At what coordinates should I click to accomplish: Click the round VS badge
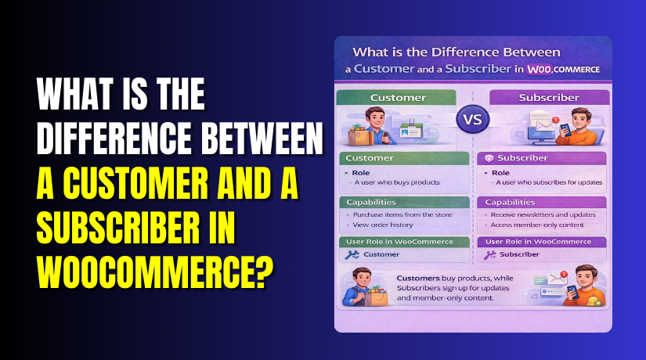tap(472, 121)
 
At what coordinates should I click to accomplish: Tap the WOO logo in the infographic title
tap(538, 69)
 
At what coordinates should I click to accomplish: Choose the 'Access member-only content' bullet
tap(540, 224)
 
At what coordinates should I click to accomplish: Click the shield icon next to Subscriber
tap(489, 157)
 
